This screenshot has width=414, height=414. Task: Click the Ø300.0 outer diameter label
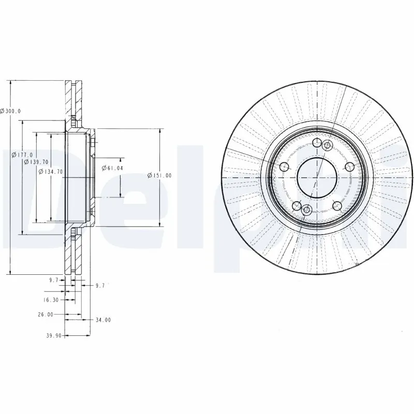click(10, 111)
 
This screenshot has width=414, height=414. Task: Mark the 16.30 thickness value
click(50, 300)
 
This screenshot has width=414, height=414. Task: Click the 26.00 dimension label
click(46, 314)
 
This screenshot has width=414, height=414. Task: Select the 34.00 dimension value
click(103, 320)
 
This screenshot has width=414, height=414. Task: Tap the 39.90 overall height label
click(54, 335)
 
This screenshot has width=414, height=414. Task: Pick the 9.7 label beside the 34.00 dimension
click(100, 285)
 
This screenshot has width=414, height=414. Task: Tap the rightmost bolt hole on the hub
click(349, 166)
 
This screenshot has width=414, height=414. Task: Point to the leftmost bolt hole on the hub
click(284, 167)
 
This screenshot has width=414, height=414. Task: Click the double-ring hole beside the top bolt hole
click(327, 146)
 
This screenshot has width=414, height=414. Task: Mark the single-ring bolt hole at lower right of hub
click(337, 205)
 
